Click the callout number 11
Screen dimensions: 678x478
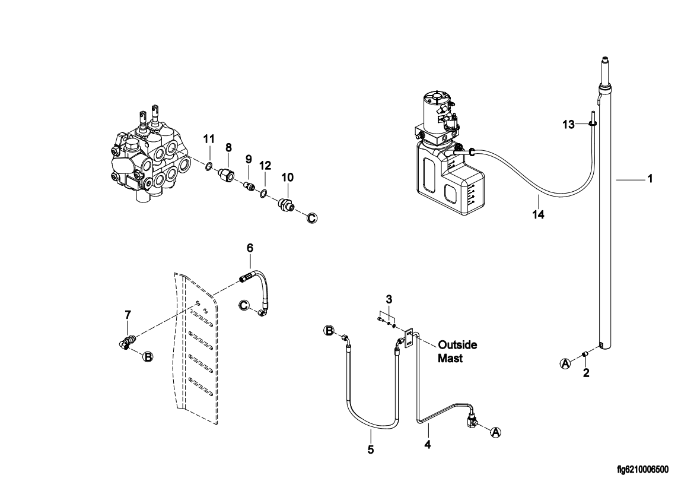pos(209,139)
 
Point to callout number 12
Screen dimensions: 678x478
pos(265,166)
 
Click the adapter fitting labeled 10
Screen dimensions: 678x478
pos(287,204)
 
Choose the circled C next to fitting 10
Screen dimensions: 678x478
pos(311,219)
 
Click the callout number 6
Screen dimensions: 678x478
pos(250,248)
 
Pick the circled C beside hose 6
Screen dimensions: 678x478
pos(244,306)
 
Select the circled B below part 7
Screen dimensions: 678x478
pos(148,357)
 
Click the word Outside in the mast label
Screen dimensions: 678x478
pos(457,344)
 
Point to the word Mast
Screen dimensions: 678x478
pos(450,359)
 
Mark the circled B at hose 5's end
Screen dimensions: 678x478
pos(329,331)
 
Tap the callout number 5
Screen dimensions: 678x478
pos(371,450)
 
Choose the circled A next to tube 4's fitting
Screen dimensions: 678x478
pos(496,432)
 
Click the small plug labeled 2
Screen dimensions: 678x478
pos(585,354)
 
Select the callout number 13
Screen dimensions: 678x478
pos(569,125)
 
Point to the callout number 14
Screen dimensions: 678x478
pos(539,214)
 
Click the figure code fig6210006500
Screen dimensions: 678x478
pos(642,469)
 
